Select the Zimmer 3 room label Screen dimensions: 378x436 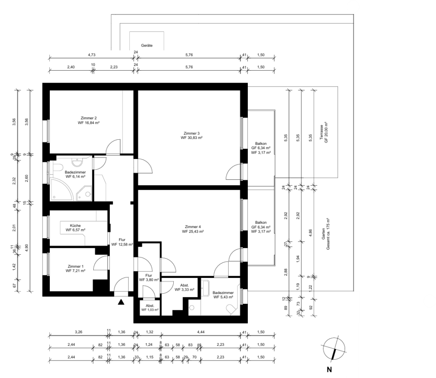tap(191, 133)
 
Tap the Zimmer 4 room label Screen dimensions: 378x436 tap(192, 227)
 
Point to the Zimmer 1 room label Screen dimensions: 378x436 tap(76, 266)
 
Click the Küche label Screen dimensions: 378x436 tap(76, 225)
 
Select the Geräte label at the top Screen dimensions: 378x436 tap(147, 45)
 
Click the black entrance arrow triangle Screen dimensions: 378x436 tap(121, 303)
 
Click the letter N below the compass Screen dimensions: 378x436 tap(329, 369)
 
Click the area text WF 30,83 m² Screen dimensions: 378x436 tap(191, 138)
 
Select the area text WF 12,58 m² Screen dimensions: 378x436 tap(122, 245)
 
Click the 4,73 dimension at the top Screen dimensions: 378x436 tap(92, 55)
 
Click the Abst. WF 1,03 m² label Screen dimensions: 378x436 tap(150, 307)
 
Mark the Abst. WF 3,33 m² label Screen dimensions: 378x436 tap(184, 287)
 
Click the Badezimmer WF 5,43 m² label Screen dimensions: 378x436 tap(223, 294)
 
